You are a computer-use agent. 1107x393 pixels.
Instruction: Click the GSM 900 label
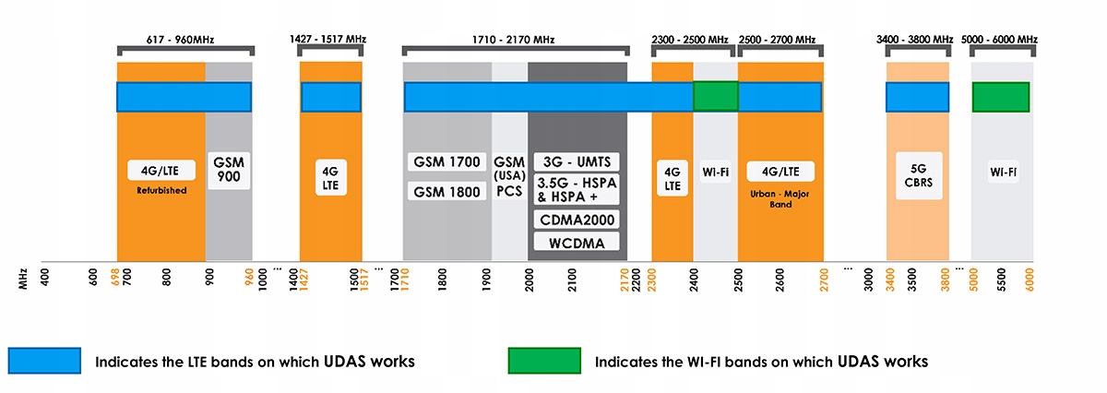tap(229, 169)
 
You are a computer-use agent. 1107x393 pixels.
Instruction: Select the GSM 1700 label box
tap(446, 162)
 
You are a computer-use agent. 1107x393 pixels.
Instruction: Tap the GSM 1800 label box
tap(446, 191)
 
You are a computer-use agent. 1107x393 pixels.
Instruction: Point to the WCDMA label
tap(577, 244)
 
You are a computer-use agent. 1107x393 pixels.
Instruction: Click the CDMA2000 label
tap(577, 220)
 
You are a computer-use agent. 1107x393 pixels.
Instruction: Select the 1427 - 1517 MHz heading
tap(328, 40)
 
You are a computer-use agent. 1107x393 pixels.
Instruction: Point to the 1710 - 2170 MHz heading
tap(515, 40)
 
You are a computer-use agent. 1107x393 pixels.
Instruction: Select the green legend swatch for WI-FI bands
tap(543, 361)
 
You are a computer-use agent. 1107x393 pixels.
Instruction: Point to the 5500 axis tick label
tap(1003, 278)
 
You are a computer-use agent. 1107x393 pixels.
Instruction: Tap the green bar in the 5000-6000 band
tap(1001, 97)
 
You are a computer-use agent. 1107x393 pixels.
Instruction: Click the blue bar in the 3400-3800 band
tap(917, 97)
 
